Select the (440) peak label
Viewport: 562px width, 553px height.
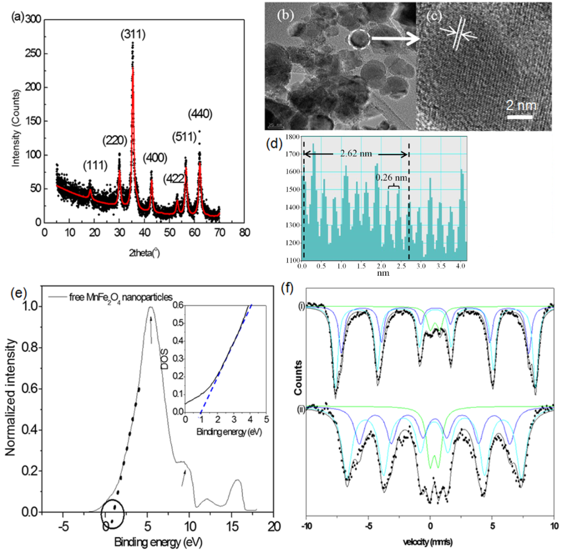(200, 114)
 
